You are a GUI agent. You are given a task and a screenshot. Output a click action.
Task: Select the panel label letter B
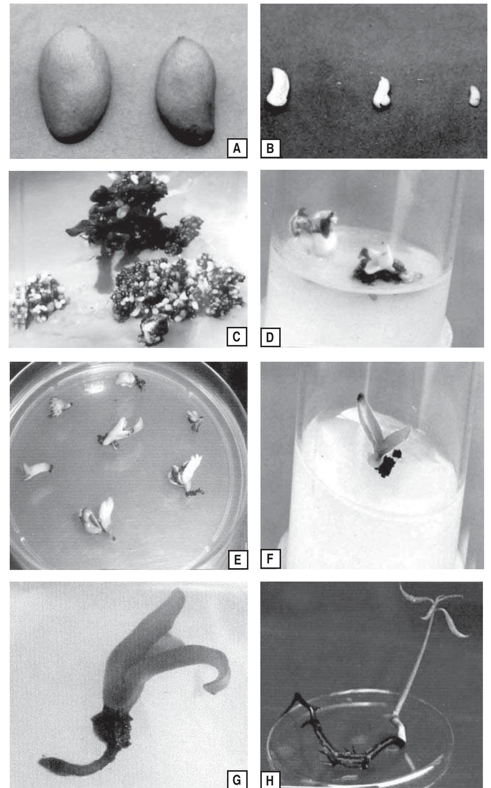click(x=270, y=148)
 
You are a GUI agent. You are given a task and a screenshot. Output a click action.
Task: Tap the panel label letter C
click(x=237, y=337)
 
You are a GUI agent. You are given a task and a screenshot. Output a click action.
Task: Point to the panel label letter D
click(x=270, y=337)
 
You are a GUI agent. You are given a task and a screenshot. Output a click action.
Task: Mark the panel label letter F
click(x=270, y=559)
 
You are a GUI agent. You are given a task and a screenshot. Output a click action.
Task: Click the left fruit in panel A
click(x=74, y=85)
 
